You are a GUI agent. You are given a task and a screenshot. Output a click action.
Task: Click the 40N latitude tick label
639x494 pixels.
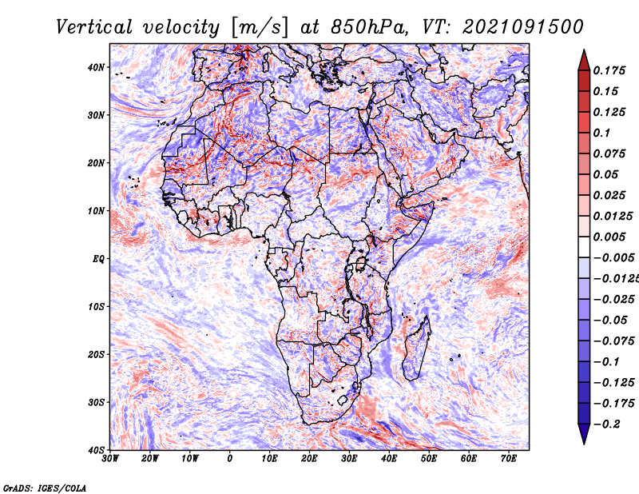pyautogui.click(x=96, y=67)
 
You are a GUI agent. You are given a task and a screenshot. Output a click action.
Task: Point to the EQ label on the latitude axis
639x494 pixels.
pyautogui.click(x=98, y=259)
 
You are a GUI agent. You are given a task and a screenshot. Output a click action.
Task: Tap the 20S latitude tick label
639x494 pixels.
pyautogui.click(x=96, y=354)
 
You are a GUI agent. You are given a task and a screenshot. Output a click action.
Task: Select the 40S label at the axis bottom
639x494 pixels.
pyautogui.click(x=96, y=450)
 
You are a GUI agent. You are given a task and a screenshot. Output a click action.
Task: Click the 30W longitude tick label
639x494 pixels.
pyautogui.click(x=110, y=459)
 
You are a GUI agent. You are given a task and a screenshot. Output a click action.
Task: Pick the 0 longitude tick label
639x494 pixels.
pyautogui.click(x=230, y=459)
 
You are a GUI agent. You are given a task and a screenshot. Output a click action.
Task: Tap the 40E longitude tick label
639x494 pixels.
pyautogui.click(x=389, y=459)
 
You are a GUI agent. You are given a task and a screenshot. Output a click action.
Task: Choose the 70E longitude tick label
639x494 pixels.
pyautogui.click(x=509, y=459)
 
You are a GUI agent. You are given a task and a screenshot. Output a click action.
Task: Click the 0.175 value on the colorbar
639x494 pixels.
pyautogui.click(x=609, y=71)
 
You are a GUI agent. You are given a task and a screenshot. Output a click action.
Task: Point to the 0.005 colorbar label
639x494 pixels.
pyautogui.click(x=609, y=237)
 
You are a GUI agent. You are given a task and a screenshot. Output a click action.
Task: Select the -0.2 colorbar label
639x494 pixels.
pyautogui.click(x=606, y=424)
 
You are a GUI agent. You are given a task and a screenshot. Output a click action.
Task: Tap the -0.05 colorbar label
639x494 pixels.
pyautogui.click(x=610, y=321)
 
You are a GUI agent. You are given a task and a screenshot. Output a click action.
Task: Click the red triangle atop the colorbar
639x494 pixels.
pyautogui.click(x=584, y=61)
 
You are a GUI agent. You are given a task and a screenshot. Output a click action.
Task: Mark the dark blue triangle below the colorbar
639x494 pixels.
pyautogui.click(x=584, y=434)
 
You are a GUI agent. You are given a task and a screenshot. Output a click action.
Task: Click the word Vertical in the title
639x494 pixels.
pyautogui.click(x=94, y=27)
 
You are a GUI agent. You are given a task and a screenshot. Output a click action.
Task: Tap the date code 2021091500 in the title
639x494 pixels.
pyautogui.click(x=523, y=27)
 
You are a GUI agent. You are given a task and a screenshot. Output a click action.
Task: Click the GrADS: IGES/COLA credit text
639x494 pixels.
pyautogui.click(x=45, y=488)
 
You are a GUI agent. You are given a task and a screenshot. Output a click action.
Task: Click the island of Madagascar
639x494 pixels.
pyautogui.click(x=416, y=349)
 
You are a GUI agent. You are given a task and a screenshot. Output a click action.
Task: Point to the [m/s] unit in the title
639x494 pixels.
pyautogui.click(x=260, y=28)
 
